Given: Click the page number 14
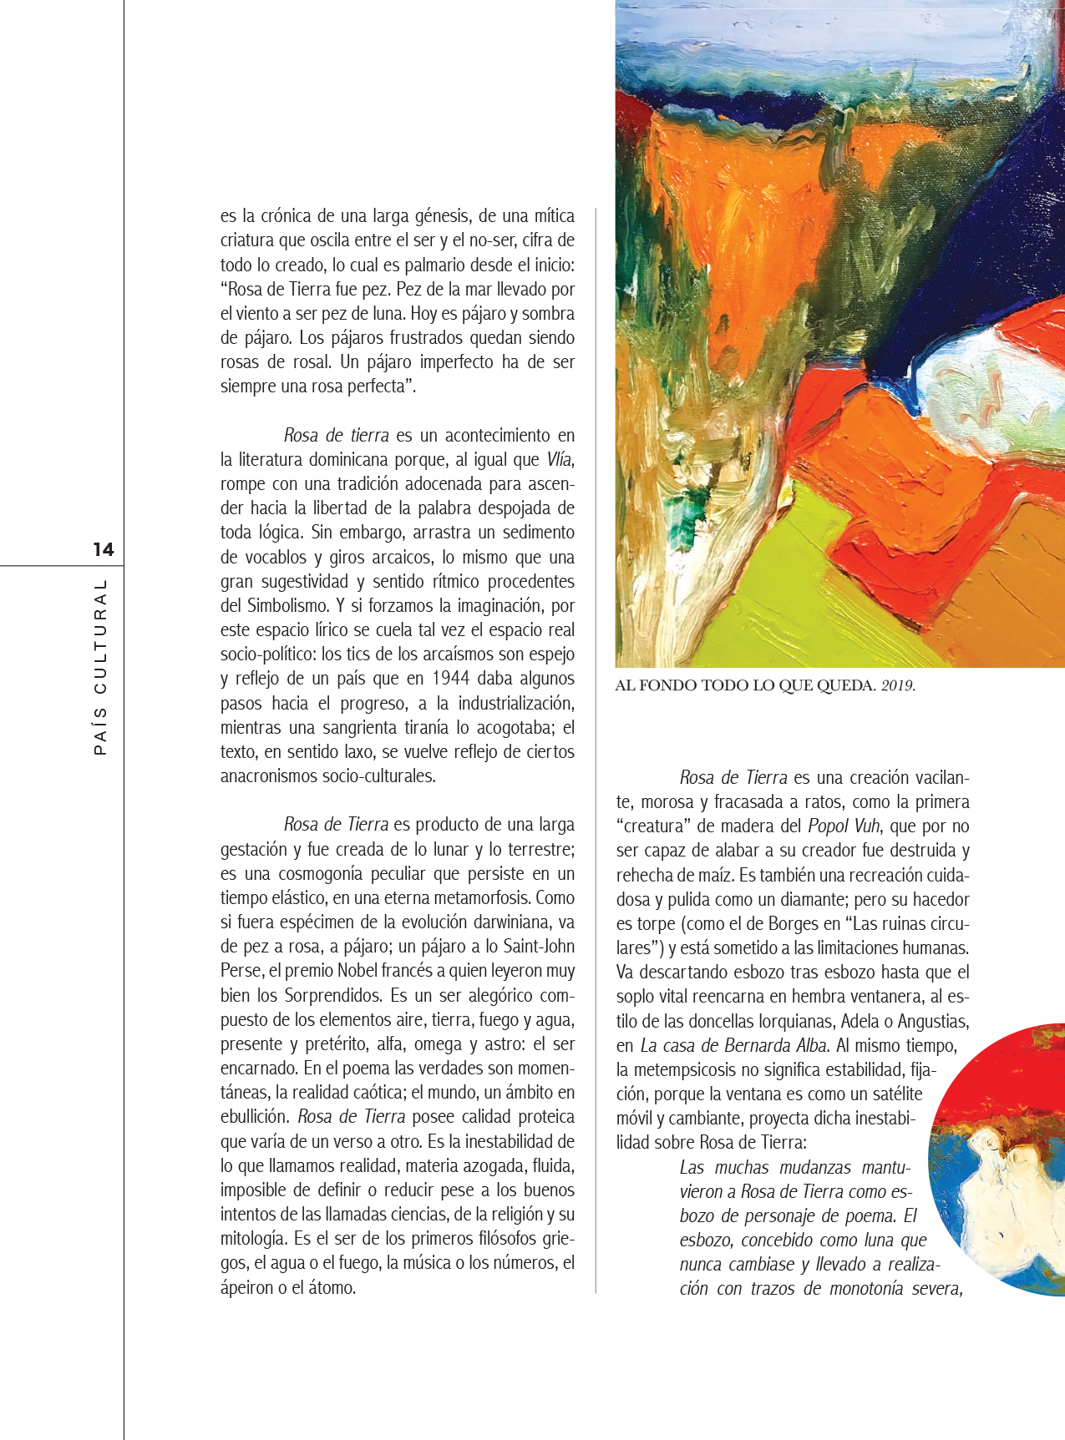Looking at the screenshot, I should [x=103, y=549].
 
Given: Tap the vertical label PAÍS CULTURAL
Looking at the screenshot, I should [x=101, y=667].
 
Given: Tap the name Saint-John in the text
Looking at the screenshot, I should [x=539, y=947].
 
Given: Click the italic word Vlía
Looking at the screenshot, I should [x=560, y=460].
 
